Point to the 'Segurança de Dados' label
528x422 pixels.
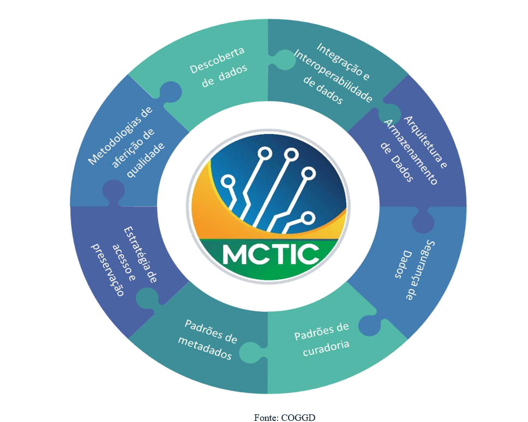[x=413, y=267]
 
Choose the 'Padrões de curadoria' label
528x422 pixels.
[x=321, y=339]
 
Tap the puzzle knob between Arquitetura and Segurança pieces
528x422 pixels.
[x=425, y=221]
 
